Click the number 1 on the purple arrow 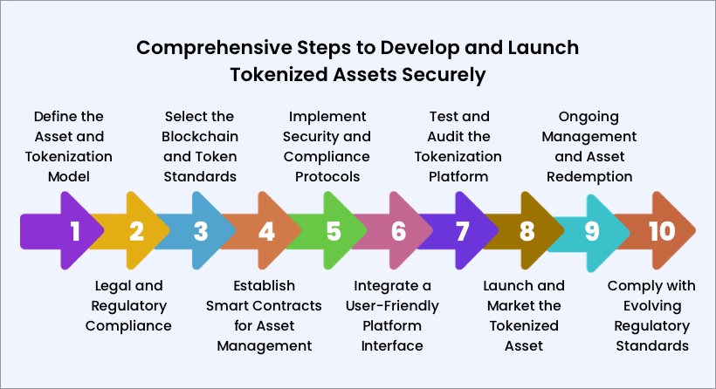tap(75, 231)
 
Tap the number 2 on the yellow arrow tap(136, 231)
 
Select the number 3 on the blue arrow tap(201, 231)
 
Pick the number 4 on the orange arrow tap(266, 231)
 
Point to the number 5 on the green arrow tap(333, 231)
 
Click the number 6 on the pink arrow tap(398, 231)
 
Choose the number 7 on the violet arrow tap(462, 231)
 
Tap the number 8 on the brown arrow tap(527, 231)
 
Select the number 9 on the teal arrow tap(591, 231)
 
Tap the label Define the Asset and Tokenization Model tap(68, 147)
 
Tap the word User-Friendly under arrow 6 tap(396, 305)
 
